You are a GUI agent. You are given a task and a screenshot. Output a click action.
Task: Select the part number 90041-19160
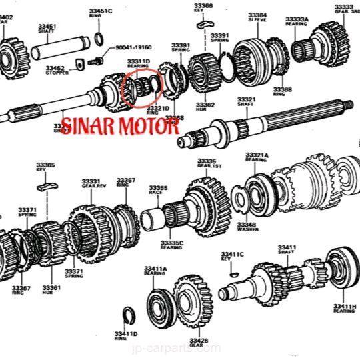[133, 48]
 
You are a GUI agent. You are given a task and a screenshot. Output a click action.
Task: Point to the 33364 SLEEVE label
[257, 17]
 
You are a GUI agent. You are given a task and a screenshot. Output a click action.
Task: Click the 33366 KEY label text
[204, 9]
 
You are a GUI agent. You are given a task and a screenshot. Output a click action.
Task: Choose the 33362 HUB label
[205, 107]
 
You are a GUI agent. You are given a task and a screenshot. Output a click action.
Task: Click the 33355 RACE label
[158, 191]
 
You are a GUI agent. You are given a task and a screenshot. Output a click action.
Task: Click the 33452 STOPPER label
[55, 70]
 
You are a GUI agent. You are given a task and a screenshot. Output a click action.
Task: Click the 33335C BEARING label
[171, 245]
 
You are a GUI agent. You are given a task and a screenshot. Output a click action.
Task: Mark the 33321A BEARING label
[257, 157]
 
